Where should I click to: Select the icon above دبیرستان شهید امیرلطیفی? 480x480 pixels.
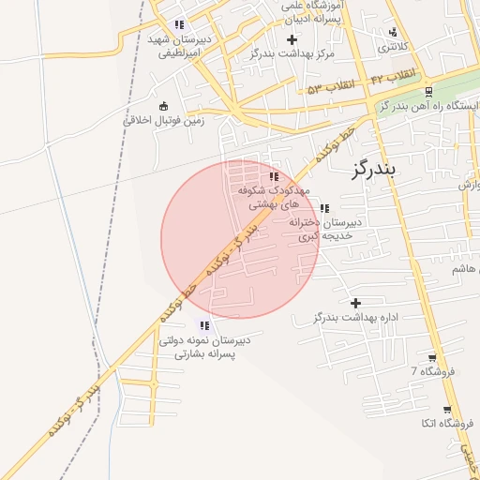coord(179,24)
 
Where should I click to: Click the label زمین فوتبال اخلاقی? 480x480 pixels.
coord(165,121)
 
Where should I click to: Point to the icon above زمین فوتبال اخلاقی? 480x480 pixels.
coord(165,105)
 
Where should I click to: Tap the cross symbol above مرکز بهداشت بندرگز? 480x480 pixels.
coord(292,39)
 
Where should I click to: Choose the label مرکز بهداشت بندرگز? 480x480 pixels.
coord(292,54)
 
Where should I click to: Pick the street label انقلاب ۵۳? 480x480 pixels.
coord(332,87)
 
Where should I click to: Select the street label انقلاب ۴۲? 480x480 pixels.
coord(391,75)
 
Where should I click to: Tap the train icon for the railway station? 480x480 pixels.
coord(428,91)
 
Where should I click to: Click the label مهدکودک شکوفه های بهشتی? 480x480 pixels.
coord(273,195)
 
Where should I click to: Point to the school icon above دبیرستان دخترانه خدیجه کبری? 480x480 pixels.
coord(324,208)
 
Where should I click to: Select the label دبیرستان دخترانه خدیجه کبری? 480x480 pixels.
coord(324,230)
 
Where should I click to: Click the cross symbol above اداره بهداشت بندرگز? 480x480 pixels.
coord(355,303)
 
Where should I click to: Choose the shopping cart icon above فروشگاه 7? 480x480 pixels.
coord(431,357)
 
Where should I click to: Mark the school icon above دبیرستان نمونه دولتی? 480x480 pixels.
coord(204,325)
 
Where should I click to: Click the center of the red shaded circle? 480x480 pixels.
coord(240,239)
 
